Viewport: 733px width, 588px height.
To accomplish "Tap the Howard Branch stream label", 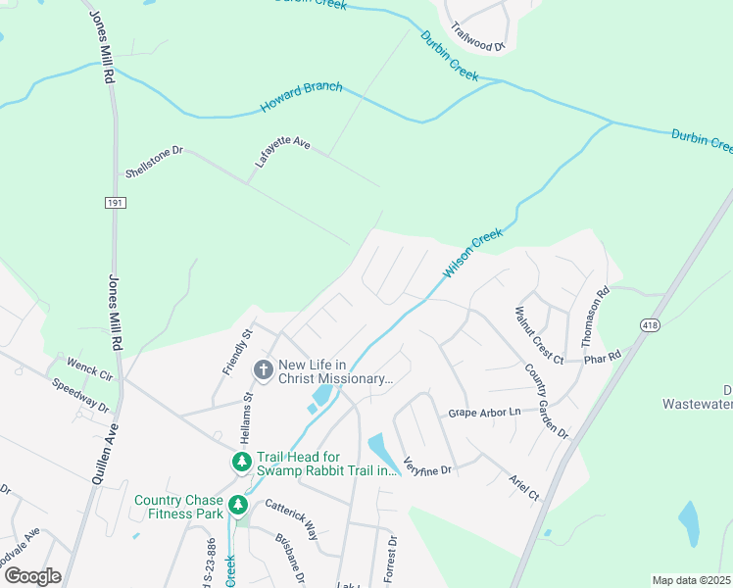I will click(301, 97).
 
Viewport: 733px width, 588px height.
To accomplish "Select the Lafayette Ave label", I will click(282, 153).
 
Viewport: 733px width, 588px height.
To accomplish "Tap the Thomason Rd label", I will click(597, 317).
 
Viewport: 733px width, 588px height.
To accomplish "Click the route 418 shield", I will click(651, 324).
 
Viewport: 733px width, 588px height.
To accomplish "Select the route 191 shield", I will click(114, 202).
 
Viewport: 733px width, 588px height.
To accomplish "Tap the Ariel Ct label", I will click(523, 488).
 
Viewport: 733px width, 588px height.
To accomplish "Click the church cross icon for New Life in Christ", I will click(263, 369).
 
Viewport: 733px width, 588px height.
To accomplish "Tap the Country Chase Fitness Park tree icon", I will click(237, 505).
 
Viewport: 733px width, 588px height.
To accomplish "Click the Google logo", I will click(31, 576).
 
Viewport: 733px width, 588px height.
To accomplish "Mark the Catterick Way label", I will click(291, 519).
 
